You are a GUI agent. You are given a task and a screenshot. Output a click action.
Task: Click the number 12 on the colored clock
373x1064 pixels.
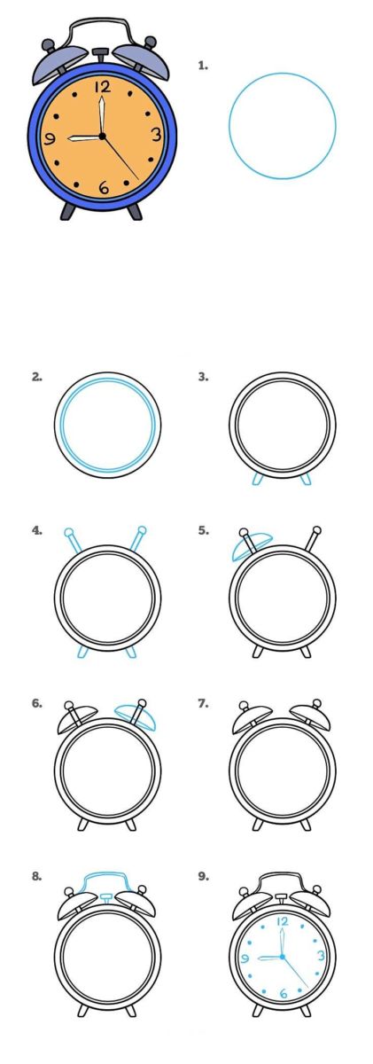tap(103, 87)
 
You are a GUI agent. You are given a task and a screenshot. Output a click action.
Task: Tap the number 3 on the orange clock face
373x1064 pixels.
tap(157, 136)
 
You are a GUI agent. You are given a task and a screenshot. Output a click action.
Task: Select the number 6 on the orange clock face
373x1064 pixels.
tap(104, 188)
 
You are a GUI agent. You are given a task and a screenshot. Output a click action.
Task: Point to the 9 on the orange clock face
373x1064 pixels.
tap(50, 138)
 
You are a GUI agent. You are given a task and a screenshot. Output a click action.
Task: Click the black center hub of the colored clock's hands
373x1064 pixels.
tap(102, 137)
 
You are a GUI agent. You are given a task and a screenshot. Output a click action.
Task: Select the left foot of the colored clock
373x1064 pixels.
tap(68, 211)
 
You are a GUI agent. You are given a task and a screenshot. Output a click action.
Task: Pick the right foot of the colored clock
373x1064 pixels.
tap(135, 211)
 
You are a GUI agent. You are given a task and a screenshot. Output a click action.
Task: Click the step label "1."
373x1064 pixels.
tap(203, 66)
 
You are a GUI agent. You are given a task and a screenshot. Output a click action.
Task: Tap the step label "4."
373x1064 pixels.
tap(37, 530)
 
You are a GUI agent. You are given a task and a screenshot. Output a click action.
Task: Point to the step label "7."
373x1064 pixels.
tap(203, 703)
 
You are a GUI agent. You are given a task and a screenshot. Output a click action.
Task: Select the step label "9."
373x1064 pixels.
tap(203, 876)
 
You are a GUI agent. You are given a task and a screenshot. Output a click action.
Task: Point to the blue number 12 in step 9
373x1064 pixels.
tap(283, 922)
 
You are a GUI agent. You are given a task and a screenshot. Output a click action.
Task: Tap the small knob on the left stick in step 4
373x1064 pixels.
tap(68, 531)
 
